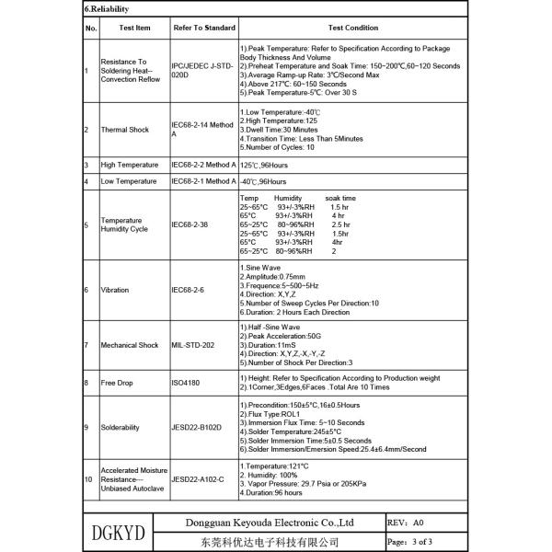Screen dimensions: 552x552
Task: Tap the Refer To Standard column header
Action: pyautogui.click(x=204, y=29)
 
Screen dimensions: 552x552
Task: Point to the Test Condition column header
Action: pyautogui.click(x=353, y=29)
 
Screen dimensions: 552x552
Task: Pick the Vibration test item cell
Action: pyautogui.click(x=116, y=290)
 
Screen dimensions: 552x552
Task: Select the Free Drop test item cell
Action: pyautogui.click(x=117, y=382)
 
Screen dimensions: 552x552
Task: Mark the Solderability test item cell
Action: pyautogui.click(x=121, y=427)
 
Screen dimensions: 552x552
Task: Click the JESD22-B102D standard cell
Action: pyautogui.click(x=197, y=427)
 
